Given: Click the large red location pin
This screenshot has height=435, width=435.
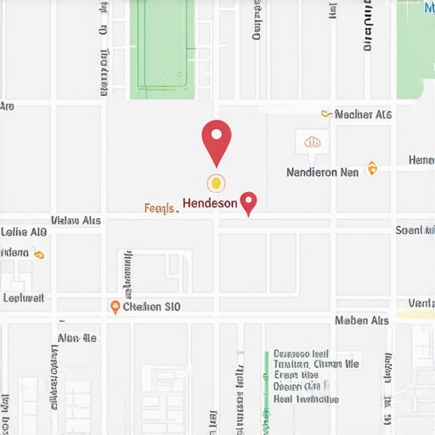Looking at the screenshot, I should (x=217, y=139).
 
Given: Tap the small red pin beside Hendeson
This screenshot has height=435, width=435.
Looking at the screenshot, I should (x=249, y=202).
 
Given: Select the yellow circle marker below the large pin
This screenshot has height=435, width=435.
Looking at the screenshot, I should (x=217, y=182).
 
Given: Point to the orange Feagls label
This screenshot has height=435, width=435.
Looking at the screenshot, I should (x=161, y=207).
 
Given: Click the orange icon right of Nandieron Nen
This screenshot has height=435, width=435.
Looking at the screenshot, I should (x=370, y=169).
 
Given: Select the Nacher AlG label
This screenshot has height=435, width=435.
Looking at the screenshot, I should (x=363, y=114).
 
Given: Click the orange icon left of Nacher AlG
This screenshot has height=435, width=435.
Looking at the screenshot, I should (x=325, y=113).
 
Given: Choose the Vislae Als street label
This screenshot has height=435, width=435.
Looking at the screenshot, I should (x=76, y=221).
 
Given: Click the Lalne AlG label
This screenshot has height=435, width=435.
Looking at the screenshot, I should (x=24, y=231).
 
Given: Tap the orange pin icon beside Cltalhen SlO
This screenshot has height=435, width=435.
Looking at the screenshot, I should (x=116, y=307).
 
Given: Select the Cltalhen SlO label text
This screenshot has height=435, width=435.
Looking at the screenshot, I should (x=152, y=307).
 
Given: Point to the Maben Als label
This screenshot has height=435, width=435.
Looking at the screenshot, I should (x=362, y=320).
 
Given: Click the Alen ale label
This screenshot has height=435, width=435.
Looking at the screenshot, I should (x=76, y=338).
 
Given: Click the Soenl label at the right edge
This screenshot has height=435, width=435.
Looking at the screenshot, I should (x=415, y=230).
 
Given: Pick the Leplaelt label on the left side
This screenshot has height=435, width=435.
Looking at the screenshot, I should (x=24, y=298).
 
